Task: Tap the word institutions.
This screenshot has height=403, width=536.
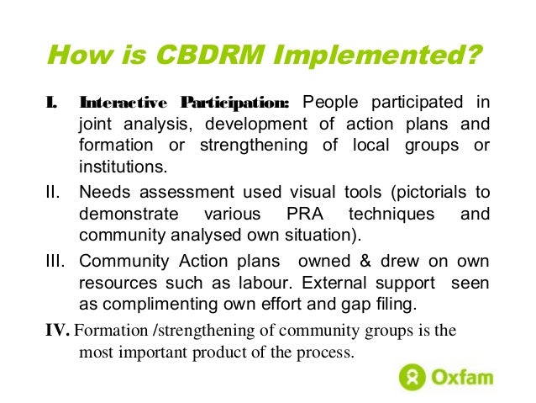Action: [x=118, y=167]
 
